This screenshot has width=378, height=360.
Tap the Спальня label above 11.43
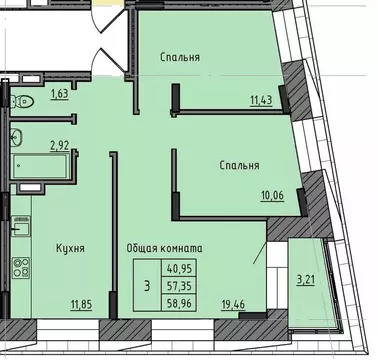pyautogui.click(x=179, y=57)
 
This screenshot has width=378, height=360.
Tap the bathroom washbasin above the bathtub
pyautogui.click(x=16, y=137)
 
